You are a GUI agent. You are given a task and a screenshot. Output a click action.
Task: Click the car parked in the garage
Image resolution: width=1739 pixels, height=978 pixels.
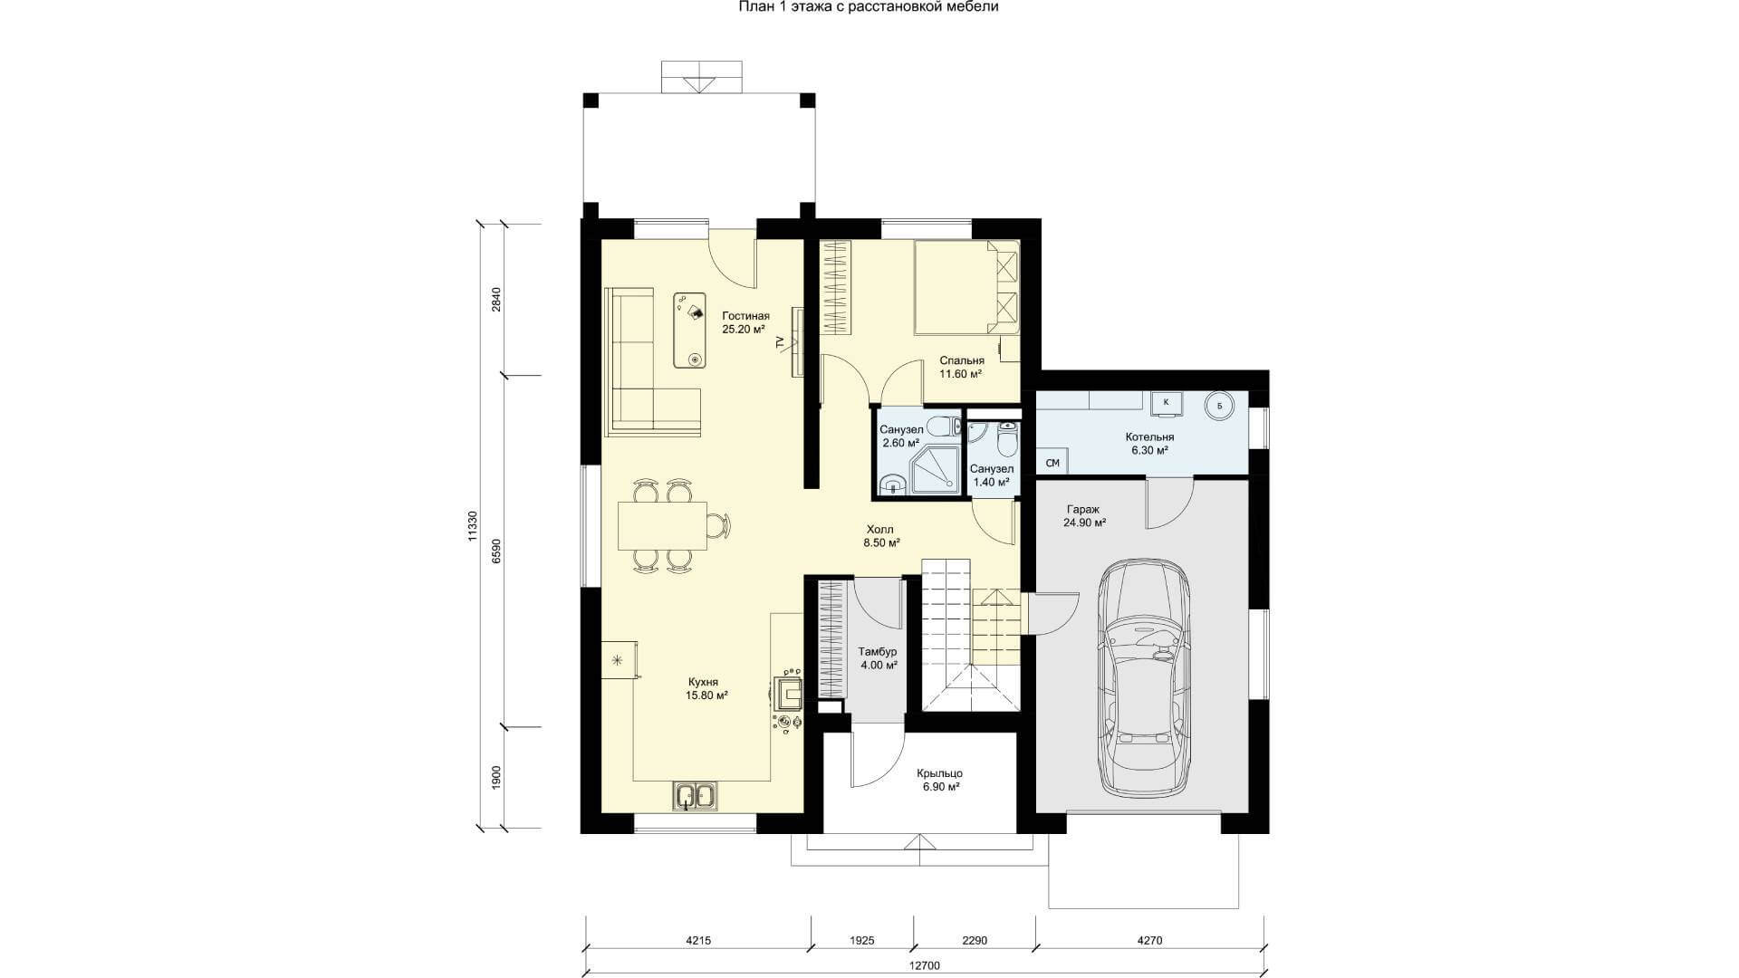tap(1143, 678)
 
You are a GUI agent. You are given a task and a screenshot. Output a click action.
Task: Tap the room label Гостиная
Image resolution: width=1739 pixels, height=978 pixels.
tap(745, 315)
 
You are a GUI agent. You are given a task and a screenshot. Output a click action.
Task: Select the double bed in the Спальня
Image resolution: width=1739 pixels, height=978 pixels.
tap(966, 287)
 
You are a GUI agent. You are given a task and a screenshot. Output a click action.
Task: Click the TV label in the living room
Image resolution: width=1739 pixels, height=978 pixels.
tap(779, 342)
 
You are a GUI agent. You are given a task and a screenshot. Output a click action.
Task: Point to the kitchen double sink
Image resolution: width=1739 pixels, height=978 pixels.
tap(695, 796)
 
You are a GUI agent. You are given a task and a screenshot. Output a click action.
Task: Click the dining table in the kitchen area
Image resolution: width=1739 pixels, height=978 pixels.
tap(663, 526)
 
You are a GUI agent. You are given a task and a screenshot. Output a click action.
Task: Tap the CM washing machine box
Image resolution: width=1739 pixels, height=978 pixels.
tap(1052, 464)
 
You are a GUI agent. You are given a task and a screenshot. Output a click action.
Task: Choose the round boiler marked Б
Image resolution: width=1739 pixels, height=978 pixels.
tap(1219, 406)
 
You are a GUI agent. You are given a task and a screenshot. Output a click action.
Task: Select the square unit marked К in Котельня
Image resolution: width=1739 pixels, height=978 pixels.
tap(1166, 403)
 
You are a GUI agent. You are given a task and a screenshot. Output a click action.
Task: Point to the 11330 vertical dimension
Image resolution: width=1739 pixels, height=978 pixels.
tap(471, 525)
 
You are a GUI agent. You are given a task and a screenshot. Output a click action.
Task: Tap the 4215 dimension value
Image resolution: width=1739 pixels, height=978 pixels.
tap(698, 941)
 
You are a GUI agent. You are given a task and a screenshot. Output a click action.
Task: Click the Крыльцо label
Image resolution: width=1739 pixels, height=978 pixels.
tap(939, 773)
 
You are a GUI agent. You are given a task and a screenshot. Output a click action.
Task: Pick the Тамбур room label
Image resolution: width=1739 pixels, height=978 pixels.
tap(878, 651)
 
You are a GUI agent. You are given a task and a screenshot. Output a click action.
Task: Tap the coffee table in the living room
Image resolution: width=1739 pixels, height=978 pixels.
tap(690, 330)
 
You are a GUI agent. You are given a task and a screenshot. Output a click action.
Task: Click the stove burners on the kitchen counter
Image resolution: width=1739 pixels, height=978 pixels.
tap(787, 721)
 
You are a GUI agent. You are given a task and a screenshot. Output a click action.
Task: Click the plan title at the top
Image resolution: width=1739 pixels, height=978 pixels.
tap(869, 7)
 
